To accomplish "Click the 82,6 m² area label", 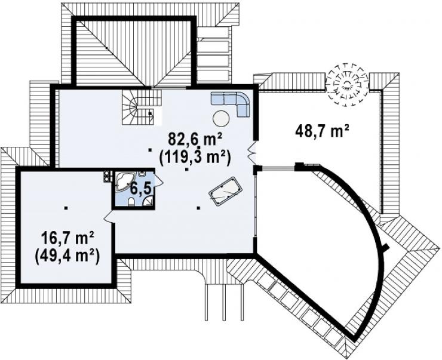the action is click(195, 139).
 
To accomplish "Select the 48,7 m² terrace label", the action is click(322, 131).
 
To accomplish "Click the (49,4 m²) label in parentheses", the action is click(67, 256).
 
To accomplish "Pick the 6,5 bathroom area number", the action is click(140, 190).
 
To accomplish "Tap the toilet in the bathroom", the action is click(131, 202).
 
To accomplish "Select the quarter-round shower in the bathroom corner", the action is click(148, 201).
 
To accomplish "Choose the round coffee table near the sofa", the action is click(222, 119).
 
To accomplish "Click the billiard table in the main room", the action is click(226, 191).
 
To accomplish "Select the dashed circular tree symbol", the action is click(347, 84).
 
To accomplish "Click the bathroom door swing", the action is click(158, 180).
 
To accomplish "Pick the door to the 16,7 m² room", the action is click(109, 217).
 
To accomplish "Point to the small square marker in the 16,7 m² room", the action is click(66, 208).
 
